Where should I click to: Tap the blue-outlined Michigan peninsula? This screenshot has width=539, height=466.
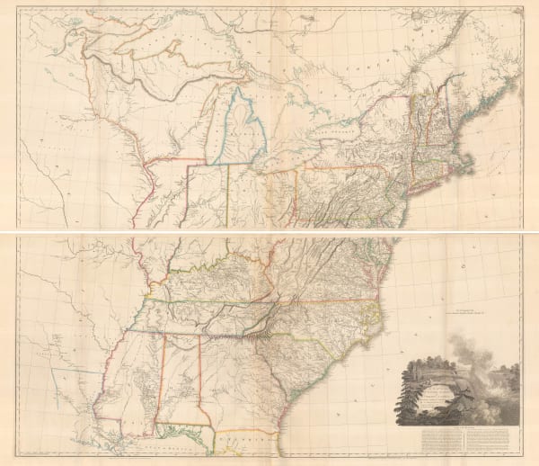[235, 130]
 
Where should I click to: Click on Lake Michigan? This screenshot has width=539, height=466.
[203, 126]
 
